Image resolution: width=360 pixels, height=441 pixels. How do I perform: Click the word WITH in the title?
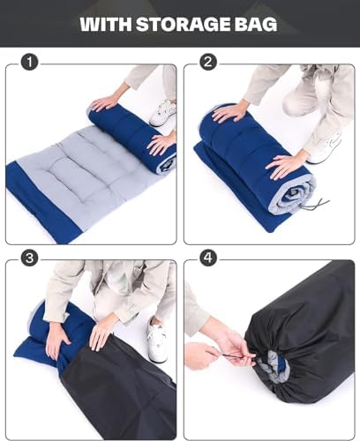[106, 24]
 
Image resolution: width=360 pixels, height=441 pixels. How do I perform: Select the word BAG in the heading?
[255, 24]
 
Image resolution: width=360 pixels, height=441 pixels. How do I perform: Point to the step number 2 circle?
[208, 63]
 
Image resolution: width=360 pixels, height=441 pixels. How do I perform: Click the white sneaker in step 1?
[162, 112]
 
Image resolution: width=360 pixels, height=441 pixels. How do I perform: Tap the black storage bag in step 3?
[124, 388]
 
